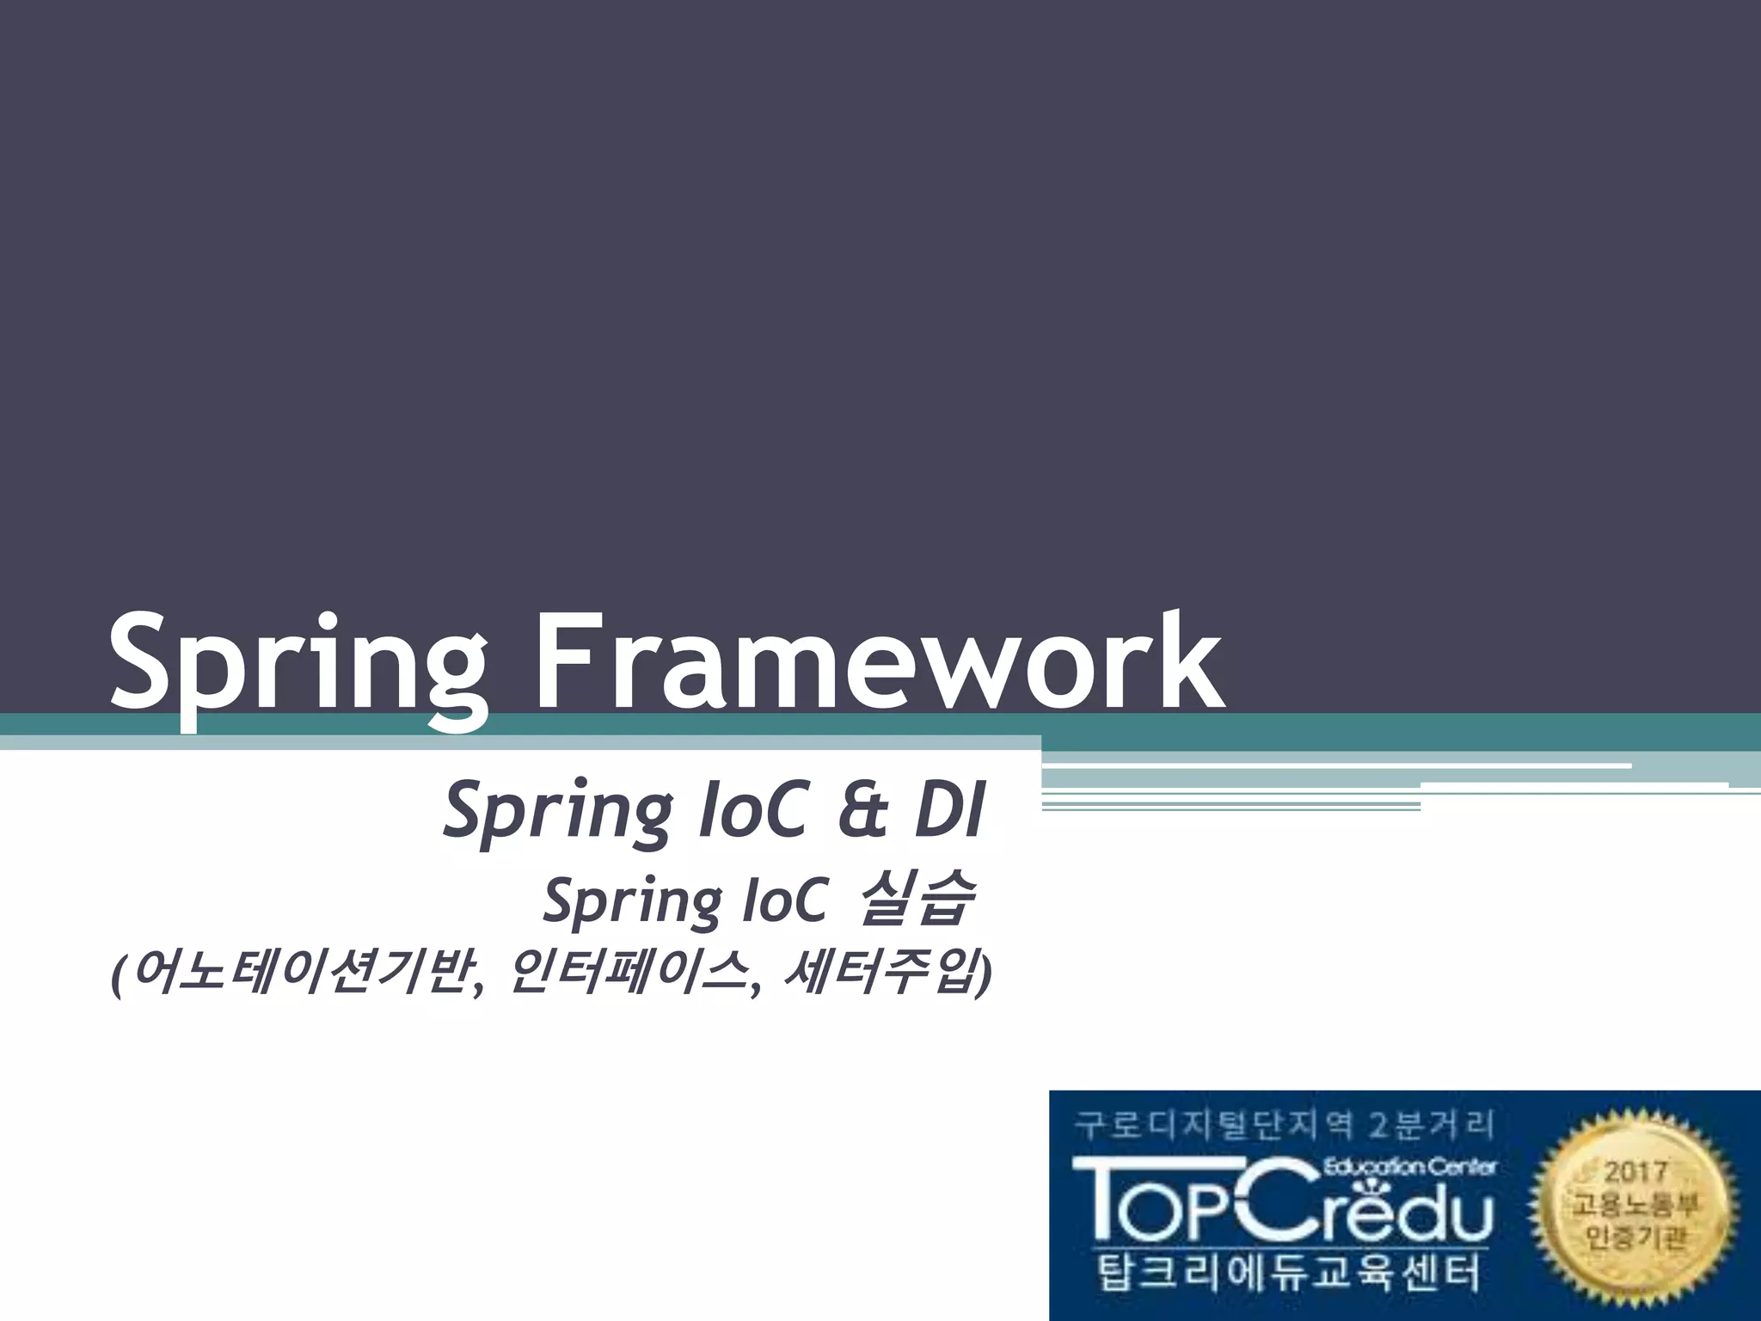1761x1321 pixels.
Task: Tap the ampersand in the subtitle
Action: (x=862, y=812)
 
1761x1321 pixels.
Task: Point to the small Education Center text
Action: (x=1410, y=1167)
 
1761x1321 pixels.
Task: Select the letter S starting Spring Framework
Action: (x=141, y=662)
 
